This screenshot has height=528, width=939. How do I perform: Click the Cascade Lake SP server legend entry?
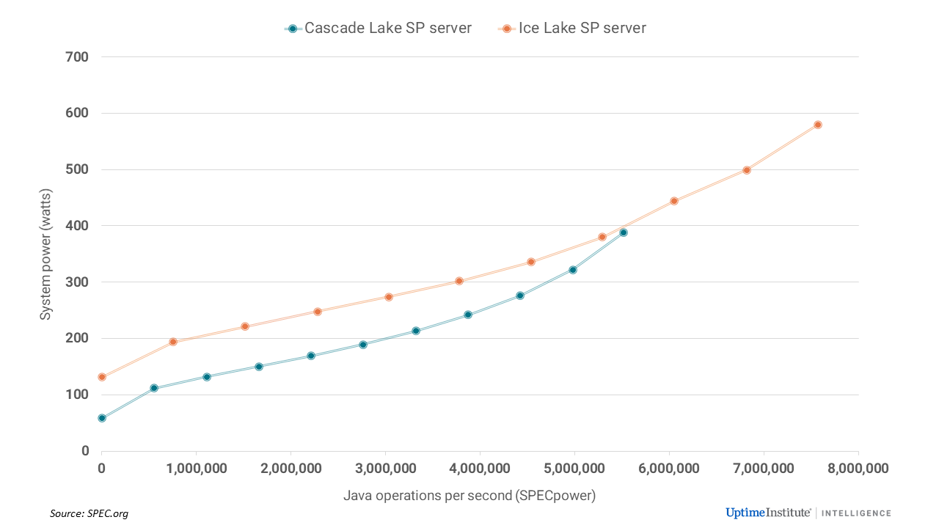pos(379,29)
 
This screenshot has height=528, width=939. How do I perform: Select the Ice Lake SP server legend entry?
pos(572,29)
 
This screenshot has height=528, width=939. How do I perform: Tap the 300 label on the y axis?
pos(78,282)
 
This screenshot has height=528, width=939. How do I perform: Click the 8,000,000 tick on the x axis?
pos(858,468)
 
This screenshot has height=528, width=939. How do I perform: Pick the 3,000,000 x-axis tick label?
pos(385,468)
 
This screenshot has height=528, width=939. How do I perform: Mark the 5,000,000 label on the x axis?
pos(574,468)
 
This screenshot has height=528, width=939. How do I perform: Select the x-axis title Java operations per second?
pos(469,496)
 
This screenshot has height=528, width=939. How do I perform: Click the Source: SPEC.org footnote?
pos(84,513)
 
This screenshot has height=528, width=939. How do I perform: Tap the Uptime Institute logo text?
pos(768,513)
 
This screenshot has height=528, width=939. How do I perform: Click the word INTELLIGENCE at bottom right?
pos(856,513)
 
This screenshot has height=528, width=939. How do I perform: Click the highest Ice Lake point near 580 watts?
pos(818,125)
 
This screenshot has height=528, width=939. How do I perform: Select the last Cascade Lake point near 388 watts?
pos(624,232)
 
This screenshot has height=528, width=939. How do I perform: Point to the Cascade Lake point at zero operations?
pos(102,418)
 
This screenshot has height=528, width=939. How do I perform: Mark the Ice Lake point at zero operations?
pos(102,377)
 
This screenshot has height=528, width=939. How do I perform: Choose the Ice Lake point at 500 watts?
pos(747,170)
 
